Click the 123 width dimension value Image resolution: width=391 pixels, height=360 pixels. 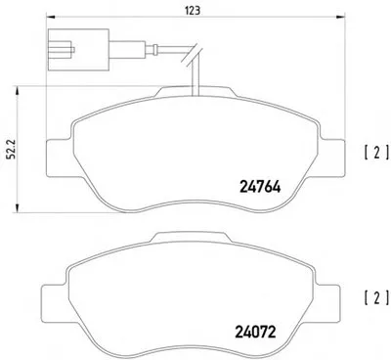point(193,11)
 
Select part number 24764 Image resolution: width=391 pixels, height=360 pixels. point(260,187)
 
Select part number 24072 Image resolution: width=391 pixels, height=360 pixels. point(255,332)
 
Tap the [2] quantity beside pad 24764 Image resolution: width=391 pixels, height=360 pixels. point(376,153)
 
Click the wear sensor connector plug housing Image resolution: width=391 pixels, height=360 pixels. point(78,50)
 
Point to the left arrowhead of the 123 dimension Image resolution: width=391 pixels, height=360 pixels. point(50,17)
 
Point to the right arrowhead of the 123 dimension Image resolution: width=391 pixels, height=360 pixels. point(341,17)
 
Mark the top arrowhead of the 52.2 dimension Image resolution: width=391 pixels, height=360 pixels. point(18,90)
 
